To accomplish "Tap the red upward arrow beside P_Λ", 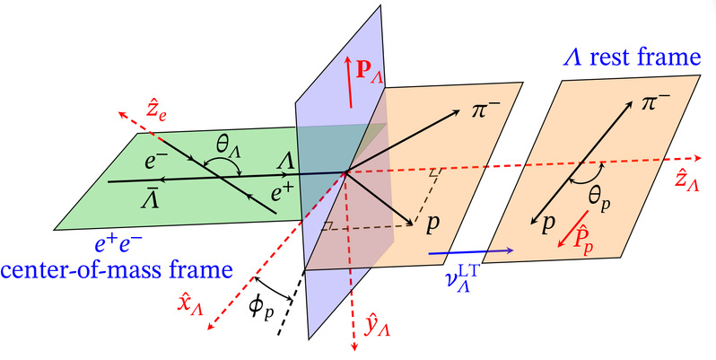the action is click(x=349, y=83).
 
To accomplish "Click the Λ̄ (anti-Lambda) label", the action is click(x=151, y=199).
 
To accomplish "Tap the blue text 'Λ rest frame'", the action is click(x=632, y=58).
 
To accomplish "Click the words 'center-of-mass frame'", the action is click(x=117, y=270).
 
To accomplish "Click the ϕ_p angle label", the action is click(x=261, y=308).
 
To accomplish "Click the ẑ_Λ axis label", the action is click(x=686, y=181).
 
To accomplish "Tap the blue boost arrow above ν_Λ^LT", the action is click(x=471, y=251).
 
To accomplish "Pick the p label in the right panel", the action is click(x=548, y=224).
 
